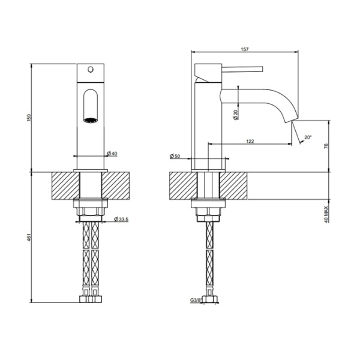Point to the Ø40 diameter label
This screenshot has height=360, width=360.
[x=112, y=154]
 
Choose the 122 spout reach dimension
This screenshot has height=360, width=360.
[x=250, y=141]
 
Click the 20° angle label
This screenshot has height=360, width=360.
[x=308, y=137]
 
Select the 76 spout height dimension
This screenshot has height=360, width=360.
[x=326, y=146]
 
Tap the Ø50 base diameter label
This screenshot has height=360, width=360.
[x=175, y=157]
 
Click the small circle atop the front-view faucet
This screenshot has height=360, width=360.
[x=91, y=70]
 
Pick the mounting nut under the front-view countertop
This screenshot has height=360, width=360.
[x=91, y=211]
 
